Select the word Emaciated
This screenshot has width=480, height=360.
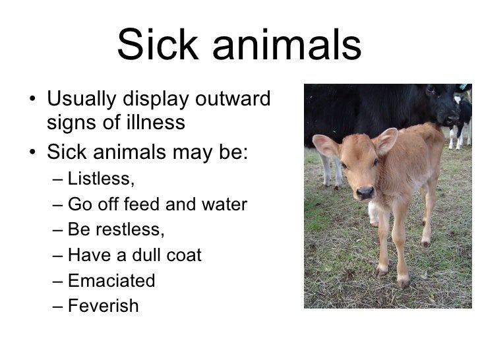[x=111, y=281]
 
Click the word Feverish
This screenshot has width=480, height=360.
[x=104, y=306]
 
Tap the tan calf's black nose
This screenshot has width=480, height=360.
[x=365, y=193]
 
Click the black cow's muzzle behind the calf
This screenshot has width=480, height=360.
[x=449, y=119]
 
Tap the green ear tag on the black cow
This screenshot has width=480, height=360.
[x=464, y=86]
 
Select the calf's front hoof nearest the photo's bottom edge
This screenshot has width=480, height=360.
[x=403, y=282]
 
